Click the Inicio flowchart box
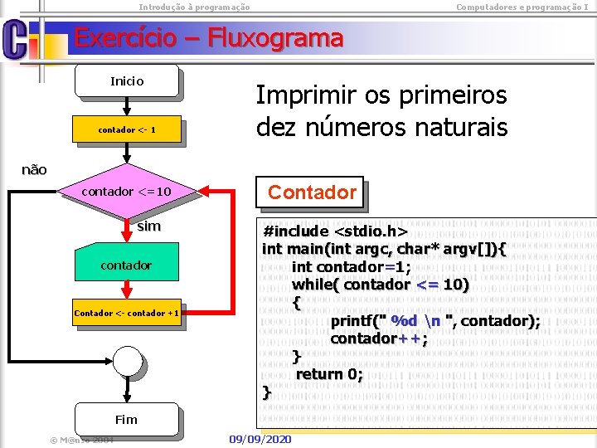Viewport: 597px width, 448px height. [126, 81]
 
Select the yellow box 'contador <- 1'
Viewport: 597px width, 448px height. [126, 130]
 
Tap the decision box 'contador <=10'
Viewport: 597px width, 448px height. [126, 192]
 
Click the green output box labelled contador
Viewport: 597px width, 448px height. [126, 265]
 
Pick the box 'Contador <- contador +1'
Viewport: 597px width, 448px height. [126, 313]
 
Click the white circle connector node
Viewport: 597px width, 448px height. [128, 360]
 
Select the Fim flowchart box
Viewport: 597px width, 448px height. [126, 419]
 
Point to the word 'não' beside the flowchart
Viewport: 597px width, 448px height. [34, 169]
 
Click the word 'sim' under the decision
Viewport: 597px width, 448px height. [149, 226]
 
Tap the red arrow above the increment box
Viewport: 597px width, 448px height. [126, 289]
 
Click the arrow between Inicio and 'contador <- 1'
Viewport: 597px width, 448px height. [126, 106]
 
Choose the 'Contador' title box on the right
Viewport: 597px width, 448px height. [312, 193]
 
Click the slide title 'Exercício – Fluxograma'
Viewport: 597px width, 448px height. [208, 38]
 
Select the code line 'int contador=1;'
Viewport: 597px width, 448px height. [351, 266]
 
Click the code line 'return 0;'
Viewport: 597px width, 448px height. [329, 374]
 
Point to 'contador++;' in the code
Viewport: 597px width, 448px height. [379, 338]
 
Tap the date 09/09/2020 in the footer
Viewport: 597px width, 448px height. [260, 438]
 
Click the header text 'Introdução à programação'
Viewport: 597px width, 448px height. [194, 7]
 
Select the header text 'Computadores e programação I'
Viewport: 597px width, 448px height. [522, 7]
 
